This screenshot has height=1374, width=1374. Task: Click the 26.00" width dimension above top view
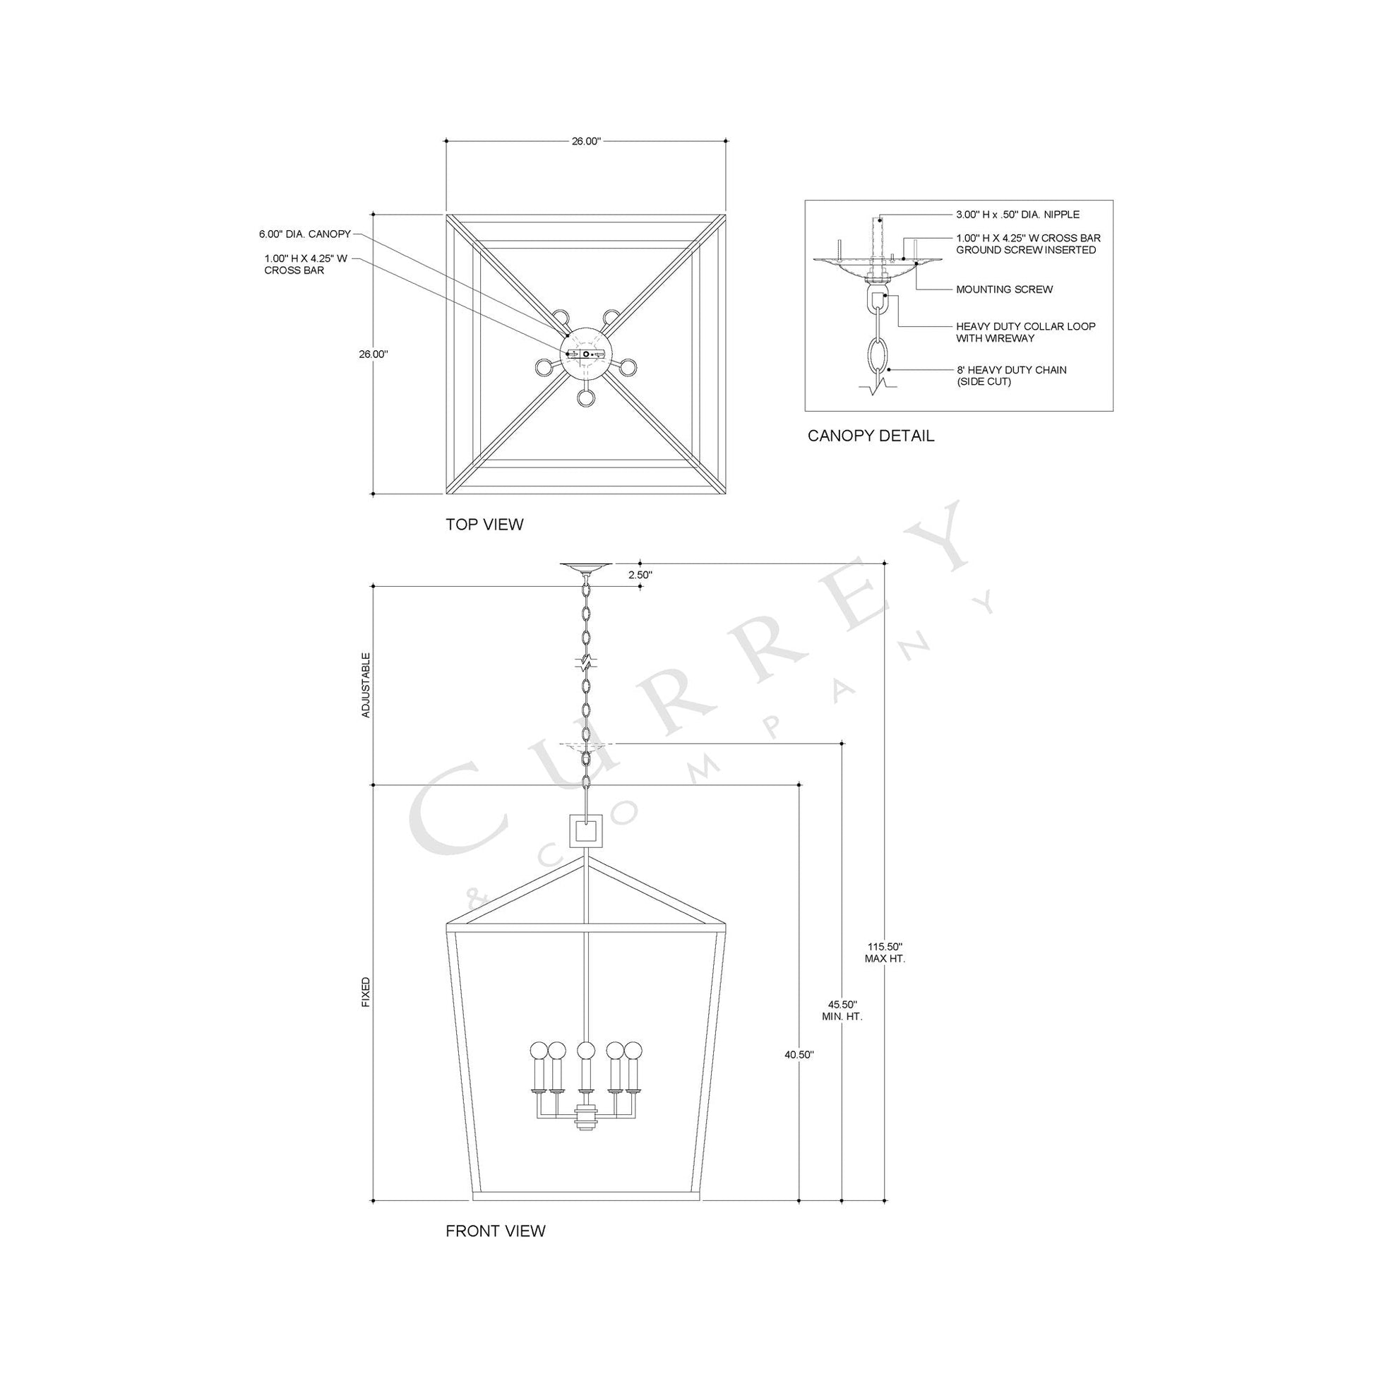click(x=586, y=141)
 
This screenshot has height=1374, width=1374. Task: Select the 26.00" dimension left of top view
click(x=373, y=354)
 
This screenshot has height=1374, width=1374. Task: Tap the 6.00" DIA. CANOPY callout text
click(x=304, y=233)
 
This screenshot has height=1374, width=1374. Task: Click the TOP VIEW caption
click(x=484, y=524)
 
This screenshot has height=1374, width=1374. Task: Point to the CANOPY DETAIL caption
click(x=871, y=436)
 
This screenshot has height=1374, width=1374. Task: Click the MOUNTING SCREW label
click(x=1003, y=289)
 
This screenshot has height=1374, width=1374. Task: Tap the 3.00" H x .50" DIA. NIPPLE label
click(x=1017, y=214)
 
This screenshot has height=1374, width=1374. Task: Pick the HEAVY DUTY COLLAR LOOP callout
click(x=1024, y=332)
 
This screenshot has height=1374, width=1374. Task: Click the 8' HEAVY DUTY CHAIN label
click(x=1010, y=376)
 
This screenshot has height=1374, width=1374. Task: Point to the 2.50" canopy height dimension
click(x=640, y=575)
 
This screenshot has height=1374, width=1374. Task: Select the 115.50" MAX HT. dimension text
click(x=885, y=952)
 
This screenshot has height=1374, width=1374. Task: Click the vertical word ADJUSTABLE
click(x=366, y=685)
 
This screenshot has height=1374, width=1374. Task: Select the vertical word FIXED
click(x=366, y=992)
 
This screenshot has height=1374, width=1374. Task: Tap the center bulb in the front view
click(x=585, y=1051)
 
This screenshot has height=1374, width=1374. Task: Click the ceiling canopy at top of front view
click(x=585, y=567)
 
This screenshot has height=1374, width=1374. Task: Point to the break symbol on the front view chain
click(x=585, y=663)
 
